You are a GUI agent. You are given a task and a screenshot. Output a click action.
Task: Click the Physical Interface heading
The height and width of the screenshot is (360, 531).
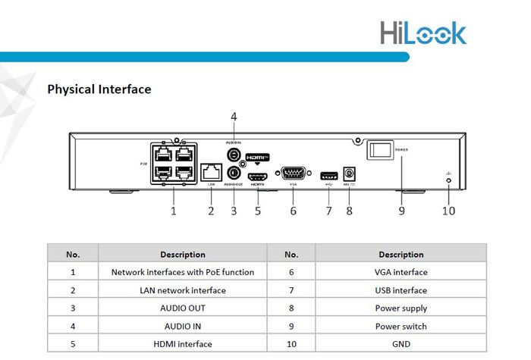pos(99,89)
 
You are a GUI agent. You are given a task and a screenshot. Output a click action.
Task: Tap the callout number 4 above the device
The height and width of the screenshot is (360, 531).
pos(234,116)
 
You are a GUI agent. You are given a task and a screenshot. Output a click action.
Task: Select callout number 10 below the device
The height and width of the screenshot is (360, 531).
pos(449,211)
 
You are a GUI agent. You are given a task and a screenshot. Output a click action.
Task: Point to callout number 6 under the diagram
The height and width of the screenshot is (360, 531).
pos(293,211)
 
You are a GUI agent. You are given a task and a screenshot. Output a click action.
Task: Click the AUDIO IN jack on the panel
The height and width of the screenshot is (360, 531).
pos(234,155)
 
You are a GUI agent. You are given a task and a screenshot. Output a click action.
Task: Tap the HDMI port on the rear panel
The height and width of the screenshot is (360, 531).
pos(258,174)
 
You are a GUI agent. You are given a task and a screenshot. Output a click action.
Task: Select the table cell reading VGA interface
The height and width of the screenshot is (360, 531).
pos(401,272)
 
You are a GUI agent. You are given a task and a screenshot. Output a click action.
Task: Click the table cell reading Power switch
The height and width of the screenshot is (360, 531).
pos(401,327)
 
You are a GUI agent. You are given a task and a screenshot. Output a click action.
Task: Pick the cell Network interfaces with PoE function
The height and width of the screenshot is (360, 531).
pos(182,272)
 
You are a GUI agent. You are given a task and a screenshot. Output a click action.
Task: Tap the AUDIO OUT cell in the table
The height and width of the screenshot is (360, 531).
pos(182,308)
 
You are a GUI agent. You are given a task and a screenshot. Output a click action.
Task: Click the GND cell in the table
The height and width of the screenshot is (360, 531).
pos(401,345)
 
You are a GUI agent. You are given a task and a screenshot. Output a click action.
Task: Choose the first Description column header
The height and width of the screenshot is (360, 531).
pos(182,255)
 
